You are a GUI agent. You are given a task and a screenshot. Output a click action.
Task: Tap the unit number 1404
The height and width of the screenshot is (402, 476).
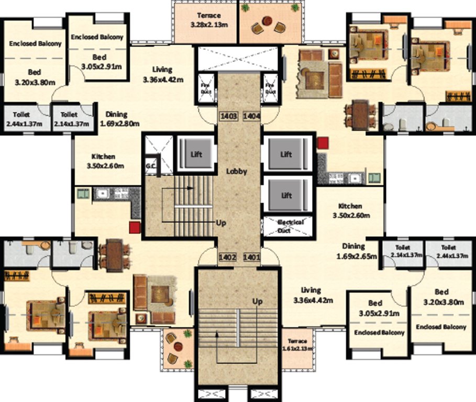[252, 116]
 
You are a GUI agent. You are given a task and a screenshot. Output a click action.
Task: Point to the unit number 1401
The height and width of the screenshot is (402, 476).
[251, 257]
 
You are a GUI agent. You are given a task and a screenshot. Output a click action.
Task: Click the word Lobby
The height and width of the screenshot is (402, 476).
[236, 171]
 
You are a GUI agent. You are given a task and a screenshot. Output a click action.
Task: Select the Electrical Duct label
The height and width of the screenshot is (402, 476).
[291, 226]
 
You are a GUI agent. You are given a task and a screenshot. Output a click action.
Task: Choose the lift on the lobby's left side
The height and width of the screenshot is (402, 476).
[196, 154]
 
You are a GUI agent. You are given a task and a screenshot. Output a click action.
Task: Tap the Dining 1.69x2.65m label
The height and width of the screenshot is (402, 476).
[357, 251]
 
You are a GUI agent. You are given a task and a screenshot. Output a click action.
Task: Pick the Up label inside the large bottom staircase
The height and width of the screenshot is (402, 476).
[258, 302]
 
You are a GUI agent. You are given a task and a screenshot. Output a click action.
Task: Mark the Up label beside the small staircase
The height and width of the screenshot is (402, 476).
[222, 222]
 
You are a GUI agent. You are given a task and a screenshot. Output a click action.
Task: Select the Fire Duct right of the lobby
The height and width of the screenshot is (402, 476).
[270, 87]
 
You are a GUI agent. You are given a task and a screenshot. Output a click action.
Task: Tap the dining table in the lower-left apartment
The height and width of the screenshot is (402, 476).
[115, 255]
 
